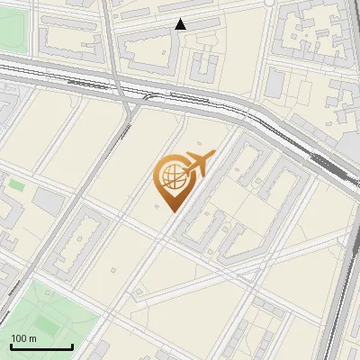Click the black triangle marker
[181, 24]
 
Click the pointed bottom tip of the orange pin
[171, 211]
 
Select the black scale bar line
[41, 346]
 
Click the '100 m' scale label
[23, 337]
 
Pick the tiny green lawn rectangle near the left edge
[16, 184]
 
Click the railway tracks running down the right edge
[342, 270]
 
